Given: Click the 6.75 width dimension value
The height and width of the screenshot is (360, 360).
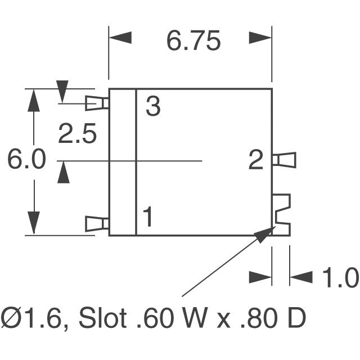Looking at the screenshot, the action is [193, 41].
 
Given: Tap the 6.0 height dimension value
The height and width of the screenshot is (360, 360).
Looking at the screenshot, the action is [26, 159].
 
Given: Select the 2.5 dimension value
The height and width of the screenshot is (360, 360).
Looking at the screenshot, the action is [77, 134].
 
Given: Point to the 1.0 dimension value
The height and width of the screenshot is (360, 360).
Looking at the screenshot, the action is [340, 277].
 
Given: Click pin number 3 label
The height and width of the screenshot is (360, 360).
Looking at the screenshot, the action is [153, 106].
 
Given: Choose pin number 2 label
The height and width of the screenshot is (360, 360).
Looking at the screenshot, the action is [256, 160].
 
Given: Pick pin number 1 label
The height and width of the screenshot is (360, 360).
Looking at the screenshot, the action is [147, 217].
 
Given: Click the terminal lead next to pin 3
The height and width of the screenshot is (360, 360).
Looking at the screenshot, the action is [97, 103].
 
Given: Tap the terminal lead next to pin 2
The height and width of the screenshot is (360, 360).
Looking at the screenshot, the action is [284, 160].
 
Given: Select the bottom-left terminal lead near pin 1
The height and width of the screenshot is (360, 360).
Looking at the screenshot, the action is [97, 224].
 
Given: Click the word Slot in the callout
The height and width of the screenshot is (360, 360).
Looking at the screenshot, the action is [103, 318].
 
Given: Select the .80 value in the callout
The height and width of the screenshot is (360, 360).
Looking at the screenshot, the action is [262, 318].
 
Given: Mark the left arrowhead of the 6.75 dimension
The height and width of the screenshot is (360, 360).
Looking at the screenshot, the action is [120, 38].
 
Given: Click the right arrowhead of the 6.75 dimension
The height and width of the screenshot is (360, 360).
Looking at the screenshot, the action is [260, 38].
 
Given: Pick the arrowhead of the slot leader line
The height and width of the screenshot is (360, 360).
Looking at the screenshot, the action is [265, 235].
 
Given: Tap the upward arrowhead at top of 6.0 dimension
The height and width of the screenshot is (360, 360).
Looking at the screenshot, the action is [34, 100].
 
